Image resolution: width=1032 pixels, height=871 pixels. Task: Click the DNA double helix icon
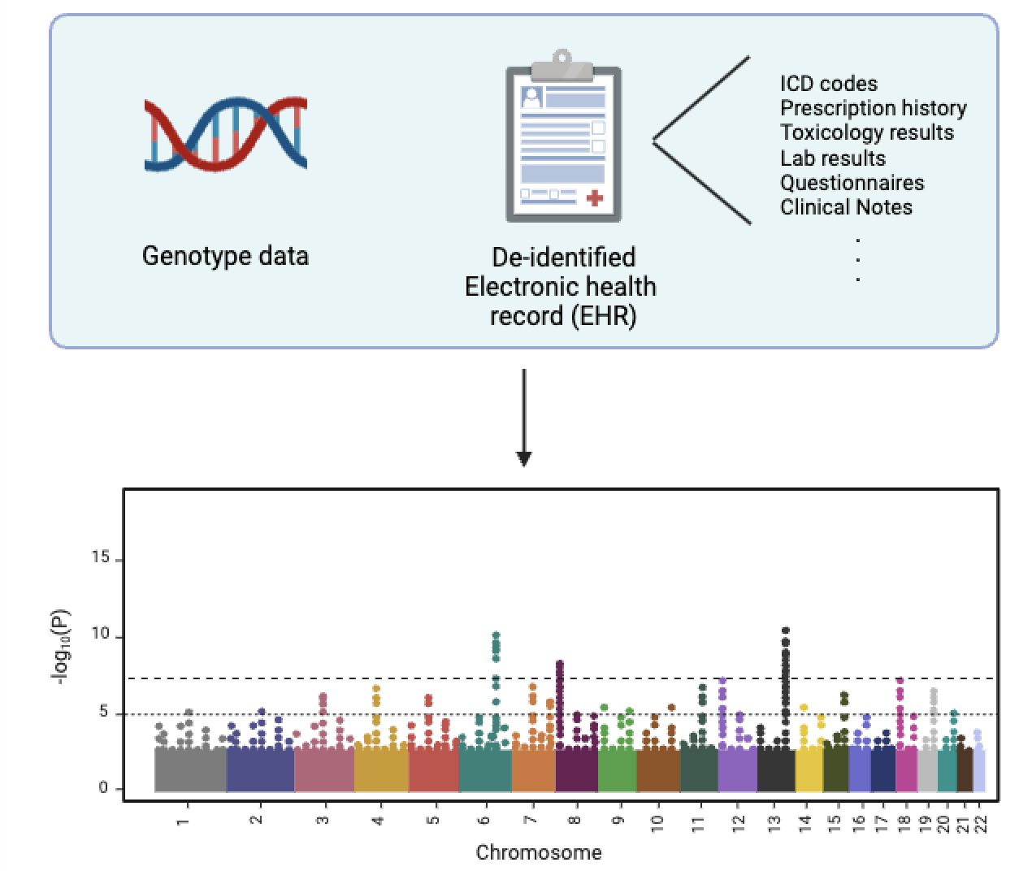click(x=225, y=135)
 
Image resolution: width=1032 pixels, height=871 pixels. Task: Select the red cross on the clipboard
click(x=595, y=197)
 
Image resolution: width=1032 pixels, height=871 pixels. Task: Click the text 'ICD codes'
click(x=828, y=84)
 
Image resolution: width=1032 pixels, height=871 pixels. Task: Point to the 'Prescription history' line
click(x=873, y=108)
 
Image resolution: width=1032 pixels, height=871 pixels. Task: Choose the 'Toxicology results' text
click(x=866, y=132)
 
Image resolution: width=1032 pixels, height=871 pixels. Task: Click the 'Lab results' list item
click(x=832, y=158)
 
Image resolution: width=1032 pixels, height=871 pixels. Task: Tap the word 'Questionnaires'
click(x=852, y=183)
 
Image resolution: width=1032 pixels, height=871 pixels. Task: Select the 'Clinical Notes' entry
click(x=846, y=207)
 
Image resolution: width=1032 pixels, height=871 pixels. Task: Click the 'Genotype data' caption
click(x=225, y=256)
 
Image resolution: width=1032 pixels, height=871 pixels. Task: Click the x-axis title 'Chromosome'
click(x=539, y=852)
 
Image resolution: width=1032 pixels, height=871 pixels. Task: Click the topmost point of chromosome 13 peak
click(x=786, y=630)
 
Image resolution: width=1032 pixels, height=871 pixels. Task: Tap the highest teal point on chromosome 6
click(x=496, y=635)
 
